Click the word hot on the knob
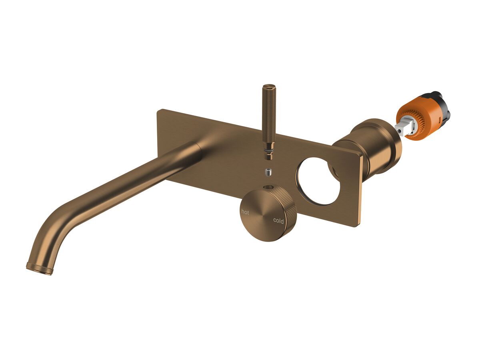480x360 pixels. coord(244,212)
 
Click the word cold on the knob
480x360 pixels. coord(278,221)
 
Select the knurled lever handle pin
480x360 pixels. coord(268,116)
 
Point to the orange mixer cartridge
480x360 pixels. coord(416,118)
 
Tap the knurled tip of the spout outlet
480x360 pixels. coord(39,268)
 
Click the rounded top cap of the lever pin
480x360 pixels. coord(268,86)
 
